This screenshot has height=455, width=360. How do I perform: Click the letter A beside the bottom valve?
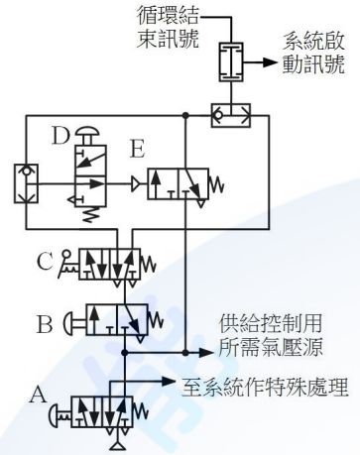click(x=39, y=393)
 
